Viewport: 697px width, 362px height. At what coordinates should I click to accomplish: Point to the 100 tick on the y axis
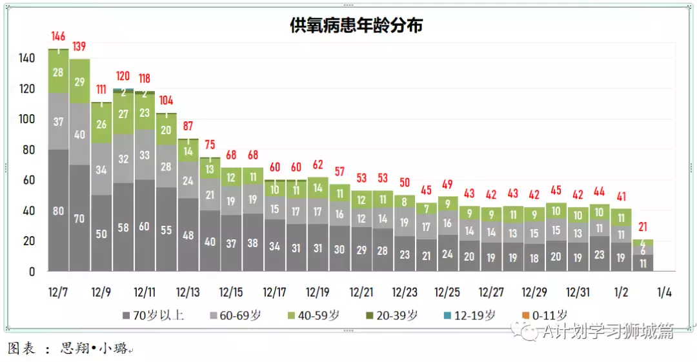point(26,119)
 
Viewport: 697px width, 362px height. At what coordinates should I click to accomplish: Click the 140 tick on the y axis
point(26,58)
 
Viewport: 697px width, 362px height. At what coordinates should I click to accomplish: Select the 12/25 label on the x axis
point(447,292)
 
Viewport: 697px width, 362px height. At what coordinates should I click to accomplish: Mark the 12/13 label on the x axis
point(188,292)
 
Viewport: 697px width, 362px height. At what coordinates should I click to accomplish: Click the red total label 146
point(59,37)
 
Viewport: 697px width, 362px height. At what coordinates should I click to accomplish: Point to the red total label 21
point(643,227)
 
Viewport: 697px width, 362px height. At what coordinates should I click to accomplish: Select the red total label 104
point(166,101)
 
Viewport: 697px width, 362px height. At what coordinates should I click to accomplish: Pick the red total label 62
point(318,165)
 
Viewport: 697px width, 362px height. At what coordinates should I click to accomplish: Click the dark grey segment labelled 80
point(59,210)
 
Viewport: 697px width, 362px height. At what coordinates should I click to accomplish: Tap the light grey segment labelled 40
point(80,135)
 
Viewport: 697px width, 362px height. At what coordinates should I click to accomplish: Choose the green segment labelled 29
point(80,81)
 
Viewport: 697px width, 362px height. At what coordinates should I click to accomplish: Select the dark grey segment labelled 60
point(145,226)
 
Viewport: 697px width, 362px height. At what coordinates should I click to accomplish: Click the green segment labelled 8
point(404,201)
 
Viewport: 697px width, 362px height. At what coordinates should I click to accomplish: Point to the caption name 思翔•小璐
point(91,349)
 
